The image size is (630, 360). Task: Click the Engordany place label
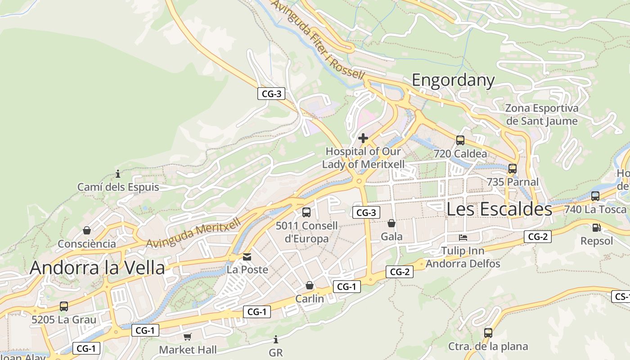point(453,80)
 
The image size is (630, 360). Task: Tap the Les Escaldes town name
point(499,209)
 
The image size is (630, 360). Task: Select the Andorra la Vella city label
point(97,267)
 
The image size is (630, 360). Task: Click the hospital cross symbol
point(363,138)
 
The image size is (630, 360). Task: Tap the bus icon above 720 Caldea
point(460,140)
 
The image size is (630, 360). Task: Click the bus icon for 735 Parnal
point(512,169)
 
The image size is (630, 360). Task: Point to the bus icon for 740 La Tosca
point(595,196)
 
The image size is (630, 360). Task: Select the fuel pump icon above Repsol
point(596,228)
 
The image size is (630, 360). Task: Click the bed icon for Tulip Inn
point(463,237)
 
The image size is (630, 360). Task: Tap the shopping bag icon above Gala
point(391,223)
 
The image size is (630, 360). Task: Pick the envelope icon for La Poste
point(247,257)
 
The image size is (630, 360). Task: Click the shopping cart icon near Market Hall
point(188,337)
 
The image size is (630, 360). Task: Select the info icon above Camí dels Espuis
point(118,174)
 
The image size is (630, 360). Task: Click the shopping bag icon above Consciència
point(86,231)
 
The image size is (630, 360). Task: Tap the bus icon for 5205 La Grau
point(63,306)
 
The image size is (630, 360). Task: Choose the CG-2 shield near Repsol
point(537,236)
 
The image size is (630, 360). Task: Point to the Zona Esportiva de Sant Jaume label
point(541,114)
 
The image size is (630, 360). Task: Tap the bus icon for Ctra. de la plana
point(488,333)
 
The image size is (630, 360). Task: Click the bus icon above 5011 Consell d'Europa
point(306,212)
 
